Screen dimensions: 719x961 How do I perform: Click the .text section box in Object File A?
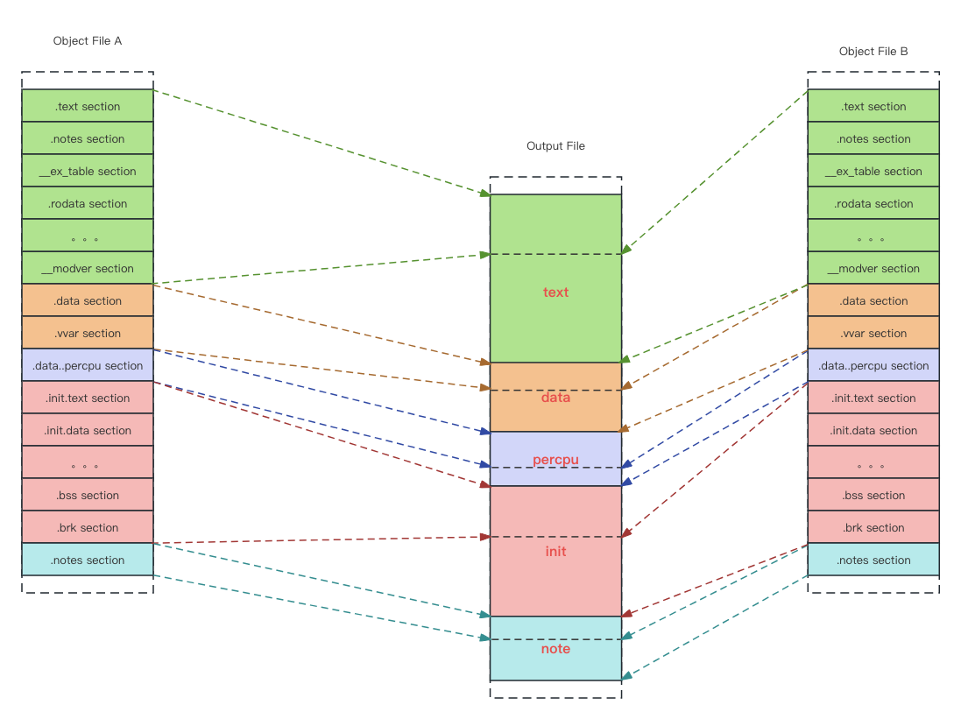click(x=88, y=106)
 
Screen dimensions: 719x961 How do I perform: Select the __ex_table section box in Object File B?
click(x=873, y=171)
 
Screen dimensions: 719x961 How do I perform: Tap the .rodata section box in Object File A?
click(x=88, y=203)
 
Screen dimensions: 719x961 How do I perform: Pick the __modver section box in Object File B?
click(x=873, y=268)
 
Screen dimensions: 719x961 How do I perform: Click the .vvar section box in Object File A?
click(x=88, y=333)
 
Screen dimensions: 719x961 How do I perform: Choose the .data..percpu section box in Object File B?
click(x=873, y=365)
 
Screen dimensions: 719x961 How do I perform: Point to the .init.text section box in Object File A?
click(x=88, y=398)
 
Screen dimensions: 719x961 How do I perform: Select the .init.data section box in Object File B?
click(x=873, y=430)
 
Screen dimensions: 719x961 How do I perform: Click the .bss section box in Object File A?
click(x=88, y=495)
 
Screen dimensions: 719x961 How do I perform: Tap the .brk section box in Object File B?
click(x=873, y=527)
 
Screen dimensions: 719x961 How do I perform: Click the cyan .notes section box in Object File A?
click(x=88, y=560)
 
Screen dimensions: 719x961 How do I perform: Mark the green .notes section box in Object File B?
click(x=873, y=138)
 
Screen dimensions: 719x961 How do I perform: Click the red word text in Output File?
click(x=555, y=292)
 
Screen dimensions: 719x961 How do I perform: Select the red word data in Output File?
click(x=555, y=397)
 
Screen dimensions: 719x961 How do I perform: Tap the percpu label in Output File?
click(x=555, y=459)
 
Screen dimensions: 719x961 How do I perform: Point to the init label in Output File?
click(x=555, y=551)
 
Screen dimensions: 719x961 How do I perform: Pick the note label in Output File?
click(x=555, y=648)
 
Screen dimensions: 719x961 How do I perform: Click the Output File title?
click(x=555, y=146)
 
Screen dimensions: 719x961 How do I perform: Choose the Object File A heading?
click(x=88, y=41)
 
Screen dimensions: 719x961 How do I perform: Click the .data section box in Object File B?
click(x=873, y=300)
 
